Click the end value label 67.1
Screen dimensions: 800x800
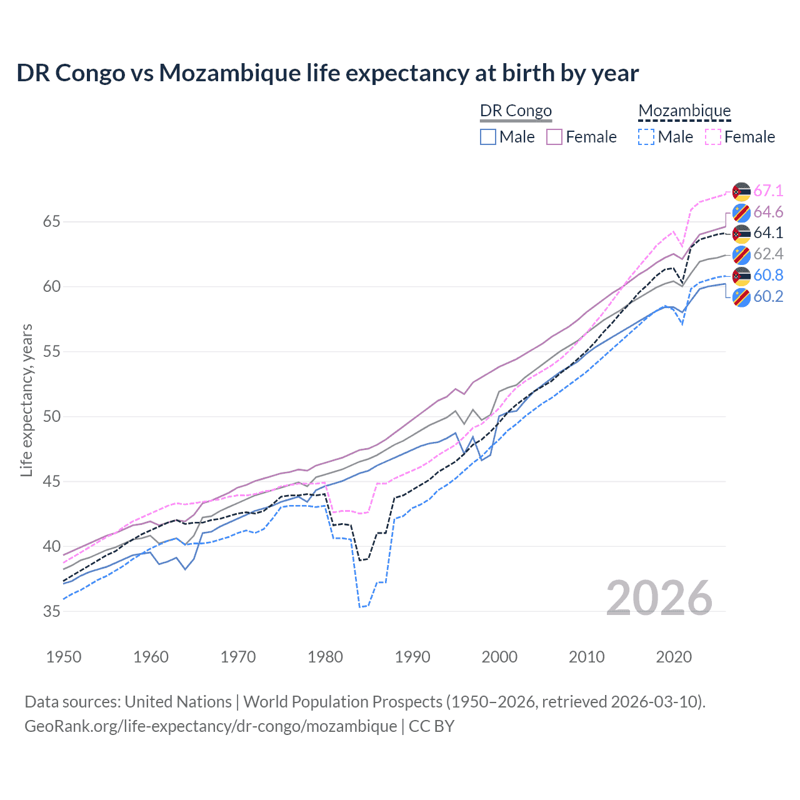768,191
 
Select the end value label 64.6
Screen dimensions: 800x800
768,212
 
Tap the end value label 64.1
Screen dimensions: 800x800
768,233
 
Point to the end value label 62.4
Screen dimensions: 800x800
768,254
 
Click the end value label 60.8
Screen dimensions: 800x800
768,276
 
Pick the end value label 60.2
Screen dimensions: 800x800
768,297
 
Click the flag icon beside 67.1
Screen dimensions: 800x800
741,191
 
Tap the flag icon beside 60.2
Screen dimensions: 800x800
741,297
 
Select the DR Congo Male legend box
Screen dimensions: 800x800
488,137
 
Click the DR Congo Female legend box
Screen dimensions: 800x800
554,137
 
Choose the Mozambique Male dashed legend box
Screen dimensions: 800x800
646,137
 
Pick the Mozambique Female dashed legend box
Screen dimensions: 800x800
713,137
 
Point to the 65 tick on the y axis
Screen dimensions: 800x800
52,222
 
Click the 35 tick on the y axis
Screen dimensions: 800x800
52,612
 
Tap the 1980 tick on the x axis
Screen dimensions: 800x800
326,657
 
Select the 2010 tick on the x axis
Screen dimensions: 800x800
586,657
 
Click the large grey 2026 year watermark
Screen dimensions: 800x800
659,598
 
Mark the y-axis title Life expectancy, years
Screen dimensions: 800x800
26,400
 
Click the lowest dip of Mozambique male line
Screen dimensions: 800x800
360,607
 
